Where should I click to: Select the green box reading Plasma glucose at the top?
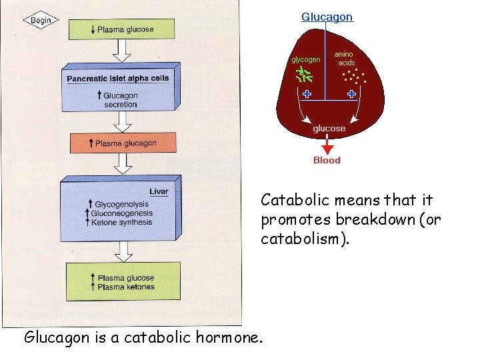point(121,29)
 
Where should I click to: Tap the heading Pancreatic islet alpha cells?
point(118,78)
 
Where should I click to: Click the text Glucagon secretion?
point(120,99)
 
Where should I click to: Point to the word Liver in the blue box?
point(159,191)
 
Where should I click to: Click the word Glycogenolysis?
point(123,204)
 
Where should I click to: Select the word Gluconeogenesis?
point(123,213)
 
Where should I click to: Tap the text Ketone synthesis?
point(122,222)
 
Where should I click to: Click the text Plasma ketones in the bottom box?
point(125,287)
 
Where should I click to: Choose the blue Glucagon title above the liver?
point(327,17)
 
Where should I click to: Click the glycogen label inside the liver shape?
point(305,59)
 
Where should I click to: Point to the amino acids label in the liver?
point(344,58)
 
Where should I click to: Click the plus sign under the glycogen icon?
point(307,94)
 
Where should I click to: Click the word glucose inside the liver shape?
point(329,128)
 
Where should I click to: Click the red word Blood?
point(327,160)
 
